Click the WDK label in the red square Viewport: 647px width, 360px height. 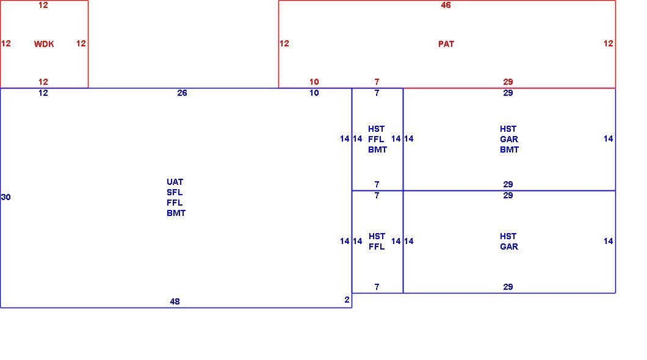pyautogui.click(x=44, y=44)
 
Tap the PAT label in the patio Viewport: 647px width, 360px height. pyautogui.click(x=446, y=44)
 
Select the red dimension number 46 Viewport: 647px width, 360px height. pyautogui.click(x=446, y=5)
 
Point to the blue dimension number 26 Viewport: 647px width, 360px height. pyautogui.click(x=182, y=93)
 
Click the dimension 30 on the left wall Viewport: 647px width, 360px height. pyautogui.click(x=5, y=197)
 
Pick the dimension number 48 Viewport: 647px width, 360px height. pyautogui.click(x=175, y=301)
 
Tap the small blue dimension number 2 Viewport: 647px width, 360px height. pyautogui.click(x=347, y=300)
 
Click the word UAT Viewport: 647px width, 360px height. pyautogui.click(x=175, y=182)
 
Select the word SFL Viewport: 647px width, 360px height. pyautogui.click(x=175, y=192)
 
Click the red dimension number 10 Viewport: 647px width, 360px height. pyautogui.click(x=314, y=82)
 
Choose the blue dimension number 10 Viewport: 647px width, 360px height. pyautogui.click(x=314, y=93)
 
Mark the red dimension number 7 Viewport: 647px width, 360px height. pyautogui.click(x=377, y=82)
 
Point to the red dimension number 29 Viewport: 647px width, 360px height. pyautogui.click(x=508, y=82)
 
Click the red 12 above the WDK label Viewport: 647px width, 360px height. pyautogui.click(x=43, y=5)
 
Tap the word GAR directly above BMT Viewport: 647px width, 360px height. pyautogui.click(x=509, y=139)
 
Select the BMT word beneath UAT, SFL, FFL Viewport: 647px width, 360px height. pyautogui.click(x=176, y=213)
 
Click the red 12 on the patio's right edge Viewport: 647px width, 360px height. pyautogui.click(x=608, y=43)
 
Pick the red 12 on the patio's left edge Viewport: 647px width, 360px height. pyautogui.click(x=284, y=43)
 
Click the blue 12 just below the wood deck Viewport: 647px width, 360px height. pyautogui.click(x=43, y=93)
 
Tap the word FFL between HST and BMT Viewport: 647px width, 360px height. pyautogui.click(x=376, y=139)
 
